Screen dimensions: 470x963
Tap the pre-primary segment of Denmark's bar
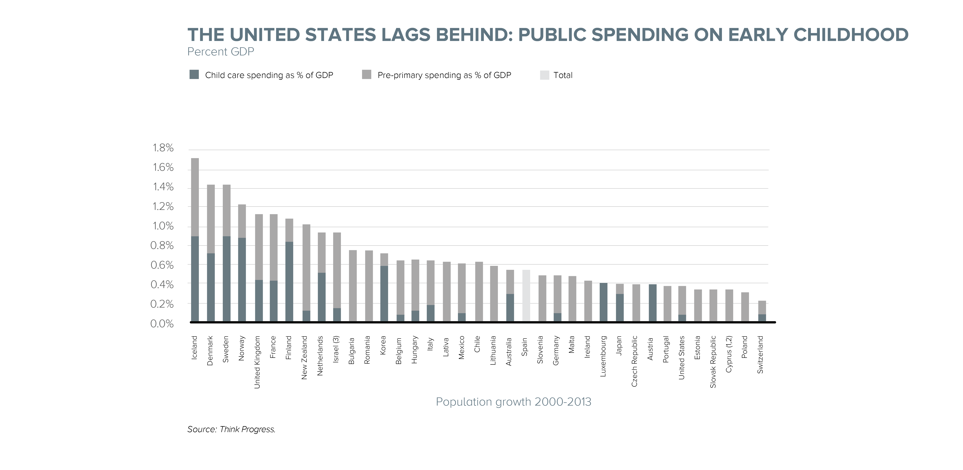(x=211, y=219)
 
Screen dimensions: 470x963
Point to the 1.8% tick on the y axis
(x=163, y=148)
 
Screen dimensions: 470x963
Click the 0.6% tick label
(x=162, y=265)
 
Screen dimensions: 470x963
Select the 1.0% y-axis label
(x=163, y=226)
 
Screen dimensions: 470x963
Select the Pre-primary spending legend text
(x=444, y=75)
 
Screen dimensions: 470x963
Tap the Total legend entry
(x=563, y=75)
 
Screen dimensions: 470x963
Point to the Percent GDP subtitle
(x=220, y=52)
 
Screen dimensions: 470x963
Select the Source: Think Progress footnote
(x=231, y=429)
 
